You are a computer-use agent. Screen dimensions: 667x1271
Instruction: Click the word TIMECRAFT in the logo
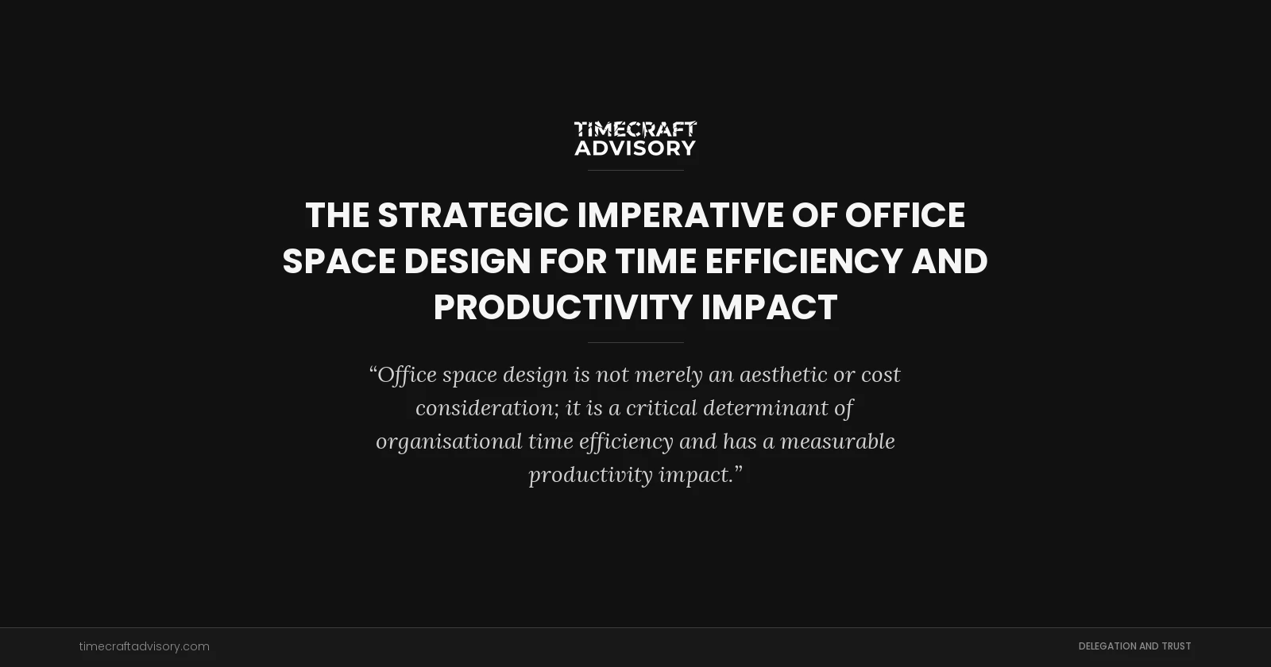[x=635, y=129]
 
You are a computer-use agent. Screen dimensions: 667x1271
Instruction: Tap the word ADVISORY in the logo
[x=635, y=148]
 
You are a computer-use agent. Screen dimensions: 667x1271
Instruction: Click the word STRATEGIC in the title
[x=473, y=215]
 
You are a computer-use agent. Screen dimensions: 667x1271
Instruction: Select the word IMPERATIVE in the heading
[x=680, y=215]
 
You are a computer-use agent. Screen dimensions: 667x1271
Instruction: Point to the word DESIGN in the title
[x=467, y=261]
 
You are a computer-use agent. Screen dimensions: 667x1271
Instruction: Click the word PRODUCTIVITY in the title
[x=562, y=307]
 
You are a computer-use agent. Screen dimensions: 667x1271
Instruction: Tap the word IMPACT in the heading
[x=769, y=307]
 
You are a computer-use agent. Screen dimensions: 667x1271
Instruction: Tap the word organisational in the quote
[x=449, y=441]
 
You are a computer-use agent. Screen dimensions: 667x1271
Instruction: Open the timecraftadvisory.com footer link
[x=145, y=646]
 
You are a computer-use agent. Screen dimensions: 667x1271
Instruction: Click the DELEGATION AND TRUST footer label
[x=1134, y=646]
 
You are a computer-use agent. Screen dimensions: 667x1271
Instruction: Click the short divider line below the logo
[x=635, y=170]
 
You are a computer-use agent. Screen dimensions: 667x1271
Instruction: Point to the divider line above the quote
[x=635, y=342]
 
